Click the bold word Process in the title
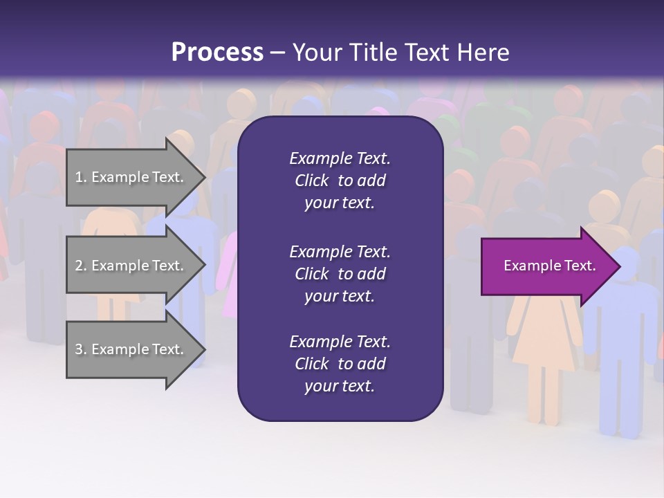(x=217, y=53)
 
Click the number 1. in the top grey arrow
(x=81, y=177)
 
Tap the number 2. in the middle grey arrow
(x=81, y=266)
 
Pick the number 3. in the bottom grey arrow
(x=81, y=349)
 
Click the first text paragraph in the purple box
(x=340, y=181)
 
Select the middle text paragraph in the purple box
(x=340, y=273)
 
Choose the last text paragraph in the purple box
(x=340, y=364)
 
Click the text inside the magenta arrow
(x=549, y=266)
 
